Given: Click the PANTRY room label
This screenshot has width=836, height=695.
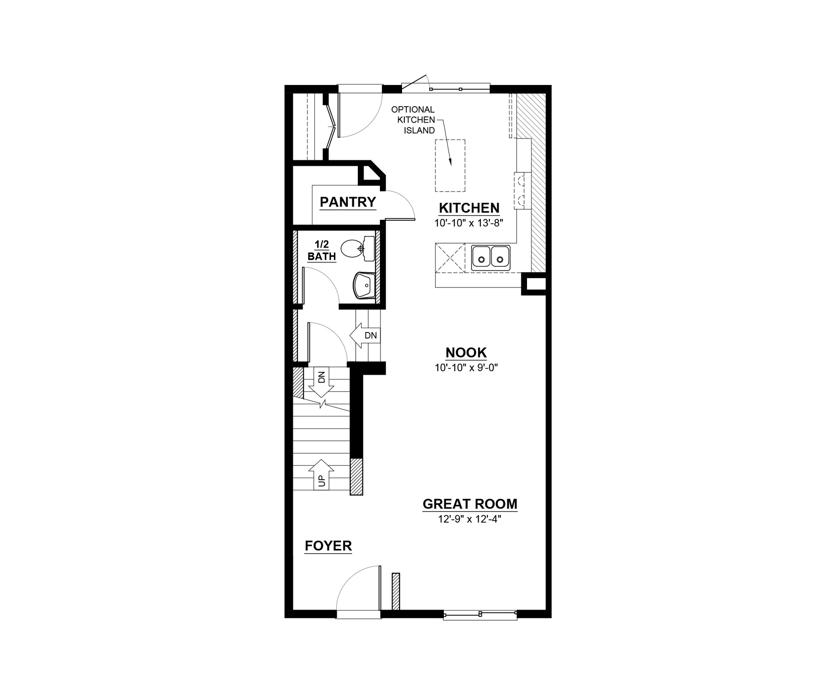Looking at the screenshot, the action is pos(348,202).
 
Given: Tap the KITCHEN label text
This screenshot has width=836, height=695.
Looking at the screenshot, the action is pos(469,208).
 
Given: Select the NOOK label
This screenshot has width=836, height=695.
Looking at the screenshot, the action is pos(466,352).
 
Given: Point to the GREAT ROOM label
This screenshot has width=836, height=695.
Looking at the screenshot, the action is pos(470,504).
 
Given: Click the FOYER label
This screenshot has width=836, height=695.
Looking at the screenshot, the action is pos(328,546).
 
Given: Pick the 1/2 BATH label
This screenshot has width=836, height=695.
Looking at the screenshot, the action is pos(322,250).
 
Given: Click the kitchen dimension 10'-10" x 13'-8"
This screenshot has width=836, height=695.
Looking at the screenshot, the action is pos(469,223).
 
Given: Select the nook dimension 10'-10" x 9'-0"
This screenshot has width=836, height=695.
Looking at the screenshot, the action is pos(466,367).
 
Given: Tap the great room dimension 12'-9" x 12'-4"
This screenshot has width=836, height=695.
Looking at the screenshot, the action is pos(470,519).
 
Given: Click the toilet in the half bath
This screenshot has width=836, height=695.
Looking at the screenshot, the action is pos(357,249).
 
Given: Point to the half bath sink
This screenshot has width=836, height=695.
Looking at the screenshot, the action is pos(364,286).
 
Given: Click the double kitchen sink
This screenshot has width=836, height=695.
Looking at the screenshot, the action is pos(491,258).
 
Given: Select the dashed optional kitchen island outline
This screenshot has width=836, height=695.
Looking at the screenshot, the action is pos(450,165).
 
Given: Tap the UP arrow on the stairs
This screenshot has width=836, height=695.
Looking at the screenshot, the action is pos(321,473).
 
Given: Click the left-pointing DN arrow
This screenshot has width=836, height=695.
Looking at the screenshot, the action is pos(364,335).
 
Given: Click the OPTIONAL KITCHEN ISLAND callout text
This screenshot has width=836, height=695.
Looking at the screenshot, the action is pos(413,120).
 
